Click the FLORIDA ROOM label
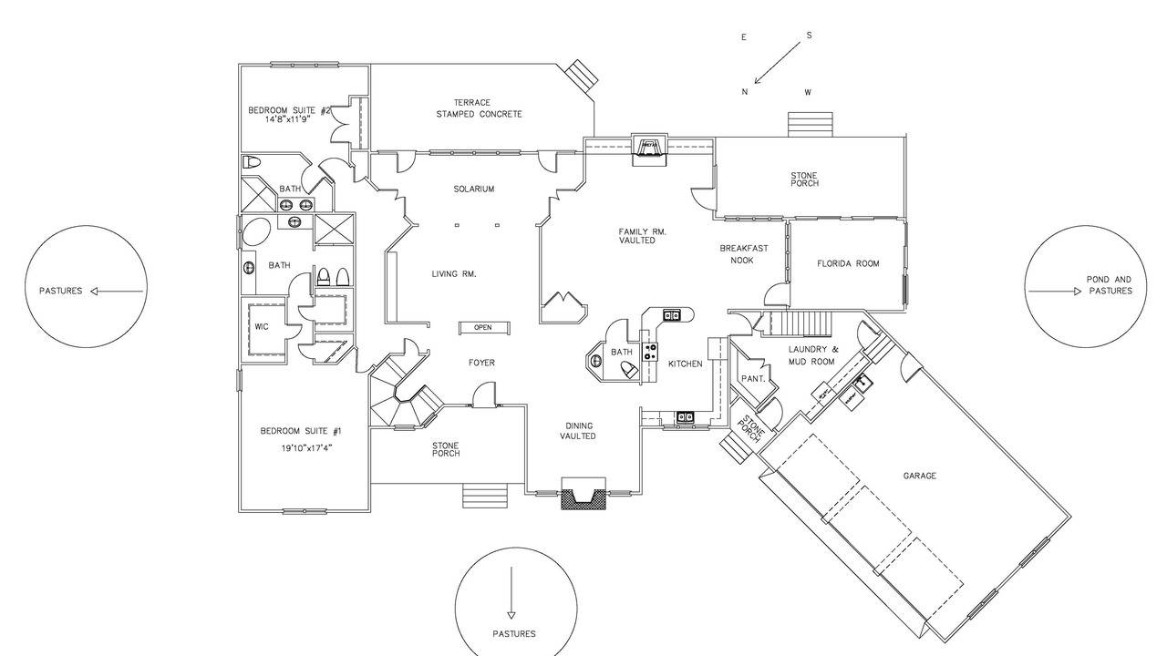click(848, 264)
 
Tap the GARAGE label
click(920, 476)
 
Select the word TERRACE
click(472, 103)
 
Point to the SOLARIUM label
click(473, 189)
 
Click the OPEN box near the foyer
click(484, 328)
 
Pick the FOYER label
click(481, 363)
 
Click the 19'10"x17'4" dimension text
click(307, 447)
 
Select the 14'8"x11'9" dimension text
click(288, 119)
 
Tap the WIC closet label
click(262, 327)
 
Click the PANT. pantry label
click(753, 379)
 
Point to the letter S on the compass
click(809, 36)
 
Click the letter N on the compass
click(745, 92)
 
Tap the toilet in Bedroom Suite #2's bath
click(251, 162)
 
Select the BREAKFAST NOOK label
click(743, 254)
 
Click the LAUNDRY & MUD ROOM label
click(811, 355)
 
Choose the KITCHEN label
click(685, 364)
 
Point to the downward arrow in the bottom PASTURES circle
click(511, 592)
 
